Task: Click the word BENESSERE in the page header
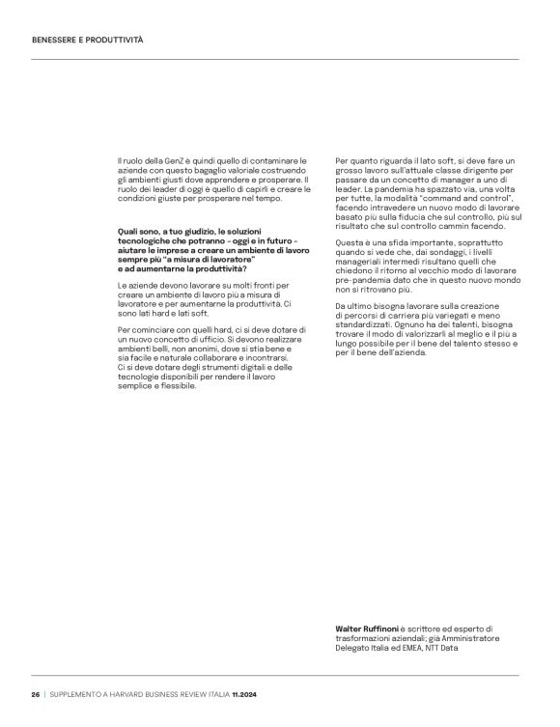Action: [x=53, y=41]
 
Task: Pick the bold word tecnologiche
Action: [x=145, y=242]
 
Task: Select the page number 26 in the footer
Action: [x=34, y=695]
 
